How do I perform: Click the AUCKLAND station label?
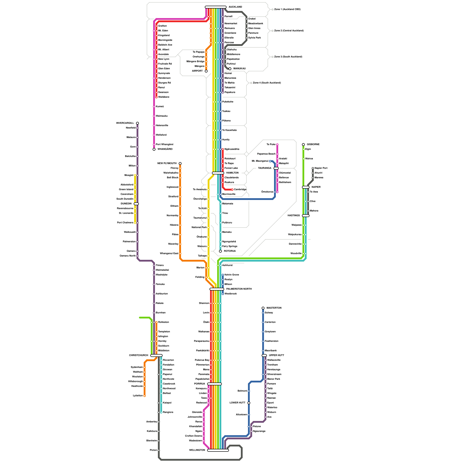click(235, 7)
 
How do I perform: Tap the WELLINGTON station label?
click(197, 450)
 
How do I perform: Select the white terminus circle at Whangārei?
click(154, 149)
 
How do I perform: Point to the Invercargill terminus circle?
click(137, 123)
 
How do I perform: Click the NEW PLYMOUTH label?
click(167, 164)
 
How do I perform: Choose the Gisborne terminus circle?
click(303, 145)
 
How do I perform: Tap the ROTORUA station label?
click(230, 251)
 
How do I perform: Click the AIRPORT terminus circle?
click(206, 71)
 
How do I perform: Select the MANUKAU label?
click(239, 69)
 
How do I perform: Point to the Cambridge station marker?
click(232, 190)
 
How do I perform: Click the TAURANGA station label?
click(265, 168)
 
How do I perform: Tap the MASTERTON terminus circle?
click(263, 308)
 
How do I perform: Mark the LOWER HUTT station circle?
click(249, 403)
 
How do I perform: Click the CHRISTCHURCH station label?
click(138, 355)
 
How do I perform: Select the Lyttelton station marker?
click(145, 396)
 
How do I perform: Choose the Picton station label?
click(153, 450)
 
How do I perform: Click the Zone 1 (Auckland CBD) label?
click(287, 9)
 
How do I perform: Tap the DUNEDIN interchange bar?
click(136, 204)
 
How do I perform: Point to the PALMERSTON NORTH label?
click(239, 289)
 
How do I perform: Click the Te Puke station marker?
click(277, 145)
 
